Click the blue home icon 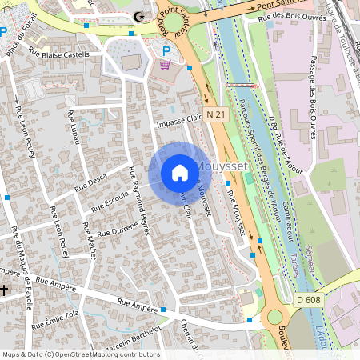(x=179, y=173)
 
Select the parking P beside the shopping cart (x=166, y=51)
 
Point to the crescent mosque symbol (x=141, y=16)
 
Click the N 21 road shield (x=214, y=114)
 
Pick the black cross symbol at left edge (x=5, y=289)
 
